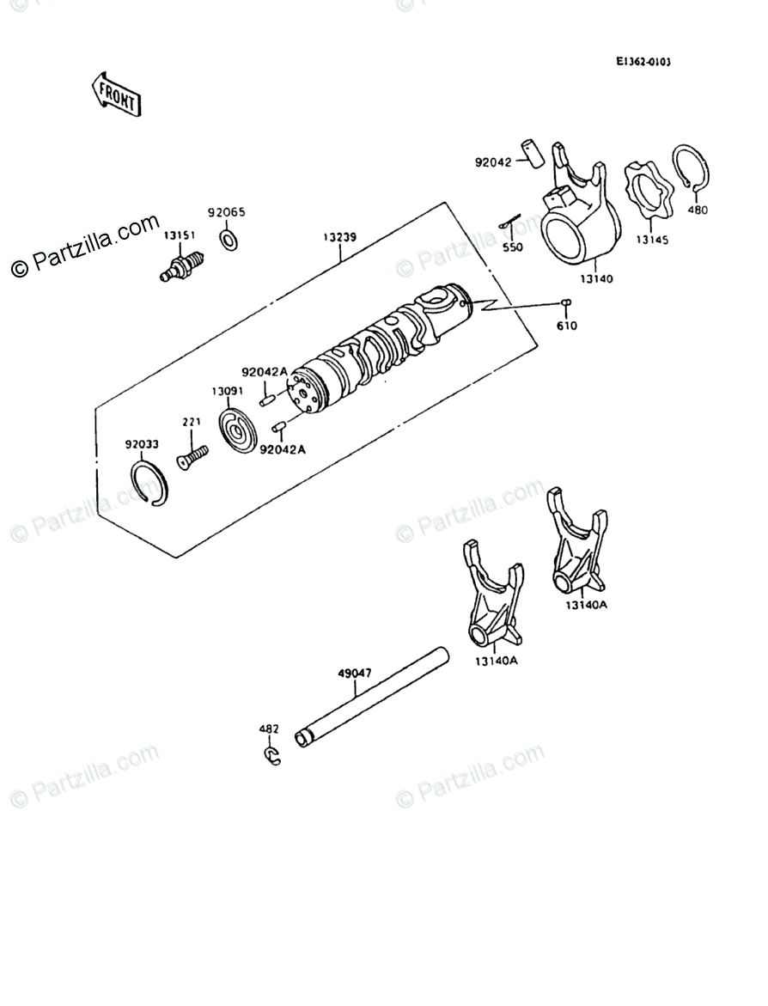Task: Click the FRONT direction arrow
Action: pos(116,94)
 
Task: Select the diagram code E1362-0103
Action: pos(643,63)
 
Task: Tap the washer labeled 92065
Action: pos(229,238)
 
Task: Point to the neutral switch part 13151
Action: pos(182,264)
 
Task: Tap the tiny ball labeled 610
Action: pos(566,302)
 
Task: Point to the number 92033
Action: pos(142,445)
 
